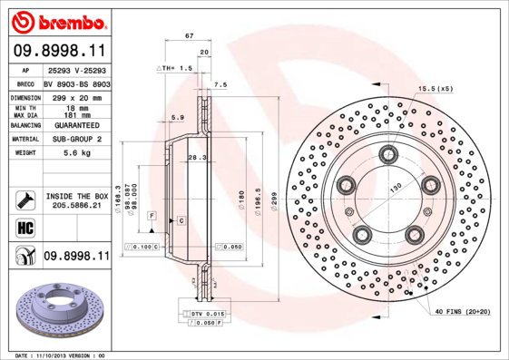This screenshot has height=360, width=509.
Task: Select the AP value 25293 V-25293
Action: pos(75,70)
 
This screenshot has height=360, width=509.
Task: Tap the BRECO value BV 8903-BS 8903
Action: pos(75,83)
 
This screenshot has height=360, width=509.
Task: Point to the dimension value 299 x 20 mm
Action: pos(75,95)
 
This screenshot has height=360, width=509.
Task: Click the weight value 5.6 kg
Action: pos(75,154)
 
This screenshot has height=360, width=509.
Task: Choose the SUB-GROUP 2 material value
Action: pos(75,140)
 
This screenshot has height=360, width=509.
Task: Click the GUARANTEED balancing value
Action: pos(75,126)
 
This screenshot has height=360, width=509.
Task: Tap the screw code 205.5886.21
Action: pos(75,206)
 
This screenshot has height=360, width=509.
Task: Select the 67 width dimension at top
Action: pos(188,35)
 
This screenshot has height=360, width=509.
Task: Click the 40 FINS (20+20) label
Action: pos(463,313)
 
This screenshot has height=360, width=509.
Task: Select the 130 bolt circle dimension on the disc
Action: pos(396,188)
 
